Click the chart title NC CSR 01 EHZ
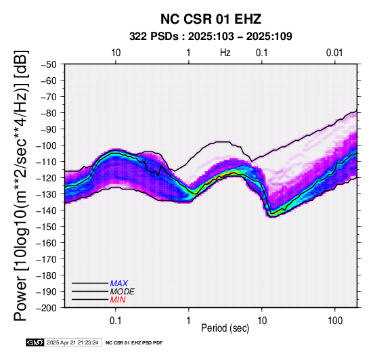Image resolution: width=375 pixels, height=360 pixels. [211, 19]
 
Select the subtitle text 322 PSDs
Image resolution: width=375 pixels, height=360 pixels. [154, 37]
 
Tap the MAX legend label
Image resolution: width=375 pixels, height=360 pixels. [119, 284]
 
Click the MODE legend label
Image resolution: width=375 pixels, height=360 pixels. [123, 292]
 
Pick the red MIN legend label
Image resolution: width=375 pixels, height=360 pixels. [118, 300]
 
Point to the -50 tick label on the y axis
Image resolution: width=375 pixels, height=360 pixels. [49, 64]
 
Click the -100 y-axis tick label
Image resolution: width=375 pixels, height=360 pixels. [47, 145]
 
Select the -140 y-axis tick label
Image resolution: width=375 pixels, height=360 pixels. [47, 210]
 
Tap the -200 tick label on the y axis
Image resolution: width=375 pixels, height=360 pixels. [47, 308]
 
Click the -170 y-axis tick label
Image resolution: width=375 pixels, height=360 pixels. [47, 259]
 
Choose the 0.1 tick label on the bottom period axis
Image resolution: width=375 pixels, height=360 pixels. [116, 321]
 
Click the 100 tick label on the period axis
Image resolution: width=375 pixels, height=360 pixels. [335, 321]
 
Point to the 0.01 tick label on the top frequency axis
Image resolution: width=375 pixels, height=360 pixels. [334, 53]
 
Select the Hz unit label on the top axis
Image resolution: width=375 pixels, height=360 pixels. [225, 53]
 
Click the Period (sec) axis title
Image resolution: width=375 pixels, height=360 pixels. [225, 328]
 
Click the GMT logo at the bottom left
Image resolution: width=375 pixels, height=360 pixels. [35, 342]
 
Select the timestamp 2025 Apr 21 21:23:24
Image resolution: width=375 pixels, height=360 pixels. [72, 342]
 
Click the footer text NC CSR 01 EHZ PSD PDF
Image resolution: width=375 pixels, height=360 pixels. [134, 343]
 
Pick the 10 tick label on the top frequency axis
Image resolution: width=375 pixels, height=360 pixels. [116, 53]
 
